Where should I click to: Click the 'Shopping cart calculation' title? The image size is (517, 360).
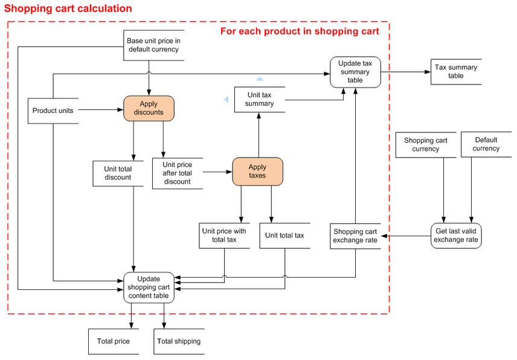(x=68, y=8)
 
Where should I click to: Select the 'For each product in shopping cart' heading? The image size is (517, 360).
(x=300, y=31)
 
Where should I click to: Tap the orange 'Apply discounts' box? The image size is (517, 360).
(x=149, y=108)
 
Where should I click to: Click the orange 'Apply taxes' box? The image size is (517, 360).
(x=257, y=171)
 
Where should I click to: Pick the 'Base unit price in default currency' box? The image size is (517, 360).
(x=153, y=45)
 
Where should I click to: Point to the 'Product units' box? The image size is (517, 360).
(x=53, y=111)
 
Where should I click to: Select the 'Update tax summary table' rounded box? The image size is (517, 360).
(x=355, y=72)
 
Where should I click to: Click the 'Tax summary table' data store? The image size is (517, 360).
(x=455, y=71)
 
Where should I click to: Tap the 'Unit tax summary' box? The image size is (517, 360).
(x=260, y=99)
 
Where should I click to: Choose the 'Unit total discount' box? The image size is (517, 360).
(x=118, y=173)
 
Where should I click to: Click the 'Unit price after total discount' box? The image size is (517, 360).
(x=178, y=173)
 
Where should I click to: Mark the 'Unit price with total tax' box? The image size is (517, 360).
(x=224, y=236)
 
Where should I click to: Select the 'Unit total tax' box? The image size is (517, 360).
(x=285, y=236)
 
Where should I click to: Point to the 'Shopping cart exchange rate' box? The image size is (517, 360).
(x=355, y=236)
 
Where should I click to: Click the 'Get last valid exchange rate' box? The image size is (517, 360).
(x=456, y=236)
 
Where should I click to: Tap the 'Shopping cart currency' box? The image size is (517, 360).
(x=426, y=145)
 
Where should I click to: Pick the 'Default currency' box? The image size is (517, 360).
(x=486, y=144)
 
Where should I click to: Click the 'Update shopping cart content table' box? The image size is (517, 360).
(x=149, y=288)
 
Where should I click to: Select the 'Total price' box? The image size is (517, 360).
(x=114, y=341)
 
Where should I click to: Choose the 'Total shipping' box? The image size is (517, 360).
(x=179, y=341)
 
